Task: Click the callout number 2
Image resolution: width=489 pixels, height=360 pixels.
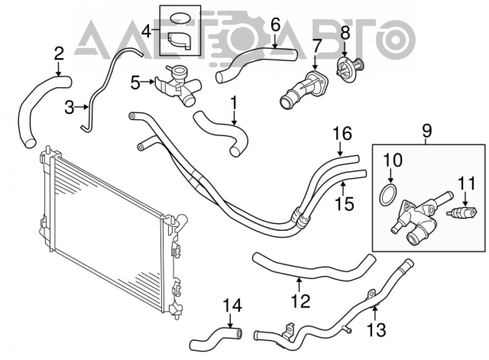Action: [x=59, y=54]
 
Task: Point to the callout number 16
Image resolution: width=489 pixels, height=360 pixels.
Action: [x=342, y=133]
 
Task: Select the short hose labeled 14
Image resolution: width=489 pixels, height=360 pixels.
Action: [x=216, y=337]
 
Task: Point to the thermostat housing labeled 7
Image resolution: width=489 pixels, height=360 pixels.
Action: [x=304, y=89]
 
